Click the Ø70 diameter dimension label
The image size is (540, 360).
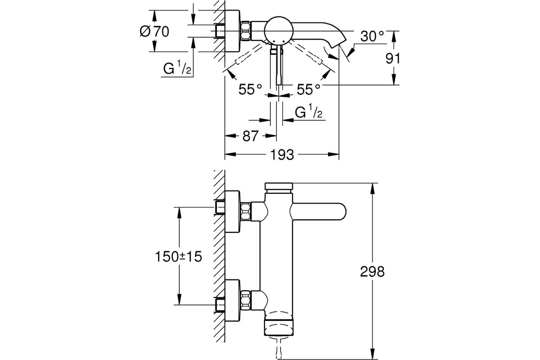coord(154,31)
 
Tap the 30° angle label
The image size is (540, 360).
coord(372,36)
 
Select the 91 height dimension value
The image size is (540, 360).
coord(392,58)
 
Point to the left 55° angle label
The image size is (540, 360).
coord(250,90)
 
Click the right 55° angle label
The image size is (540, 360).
coord(308,90)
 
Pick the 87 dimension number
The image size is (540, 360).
coord(251,136)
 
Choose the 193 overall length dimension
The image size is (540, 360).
coord(282,154)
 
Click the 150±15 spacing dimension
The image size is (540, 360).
coord(178,256)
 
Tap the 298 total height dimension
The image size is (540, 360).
coord(372,271)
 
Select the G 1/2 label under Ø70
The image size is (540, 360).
coord(177,67)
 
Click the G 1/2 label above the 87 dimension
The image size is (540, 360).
coord(309,112)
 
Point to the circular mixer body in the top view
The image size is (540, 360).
coord(279,31)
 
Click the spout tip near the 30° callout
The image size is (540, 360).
coord(339,45)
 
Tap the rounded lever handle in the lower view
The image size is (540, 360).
coord(318,211)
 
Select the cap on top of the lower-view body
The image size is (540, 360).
coord(279,186)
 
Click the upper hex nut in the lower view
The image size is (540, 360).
coord(245,211)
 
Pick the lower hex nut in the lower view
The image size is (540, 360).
coord(245,300)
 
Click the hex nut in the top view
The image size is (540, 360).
coord(245,31)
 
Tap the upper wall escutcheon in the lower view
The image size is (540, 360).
coord(232,211)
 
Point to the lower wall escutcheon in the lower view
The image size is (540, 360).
coord(232,301)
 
